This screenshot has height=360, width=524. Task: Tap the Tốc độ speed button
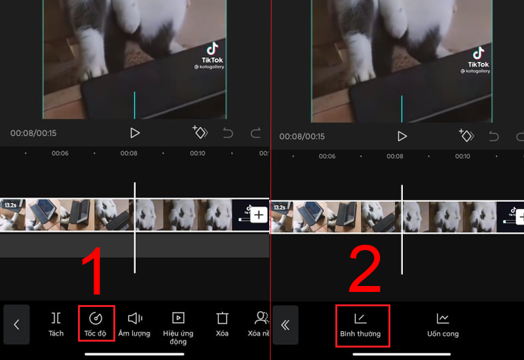(96, 323)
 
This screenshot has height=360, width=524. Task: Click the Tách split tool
(56, 323)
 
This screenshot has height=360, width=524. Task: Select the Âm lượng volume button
(134, 323)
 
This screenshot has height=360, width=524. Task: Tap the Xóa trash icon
(222, 323)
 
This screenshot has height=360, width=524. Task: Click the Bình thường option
(360, 325)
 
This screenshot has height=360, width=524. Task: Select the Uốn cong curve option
(443, 325)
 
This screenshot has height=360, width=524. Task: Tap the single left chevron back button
(16, 325)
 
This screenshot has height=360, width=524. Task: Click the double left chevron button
(285, 325)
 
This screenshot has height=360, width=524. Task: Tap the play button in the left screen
(135, 133)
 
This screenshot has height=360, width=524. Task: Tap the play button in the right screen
(402, 136)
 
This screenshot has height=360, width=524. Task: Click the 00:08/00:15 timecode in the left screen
(33, 134)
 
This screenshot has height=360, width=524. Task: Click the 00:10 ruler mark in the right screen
(462, 156)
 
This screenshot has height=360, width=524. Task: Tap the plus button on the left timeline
(258, 215)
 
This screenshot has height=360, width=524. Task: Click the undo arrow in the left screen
(228, 134)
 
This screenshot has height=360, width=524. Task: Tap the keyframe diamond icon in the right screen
(466, 136)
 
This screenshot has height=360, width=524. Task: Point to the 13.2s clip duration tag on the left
(10, 205)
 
